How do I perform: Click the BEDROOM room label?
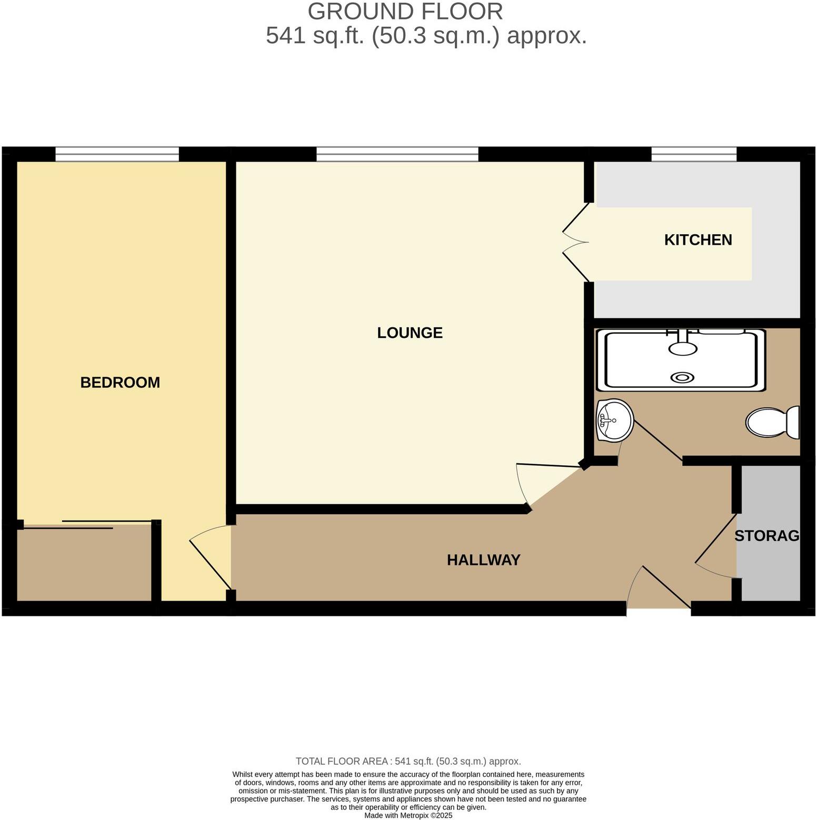[x=120, y=382]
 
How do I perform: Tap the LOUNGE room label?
[x=410, y=333]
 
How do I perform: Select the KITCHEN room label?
[x=698, y=240]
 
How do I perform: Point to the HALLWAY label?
[x=483, y=560]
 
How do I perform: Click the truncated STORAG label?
[x=766, y=536]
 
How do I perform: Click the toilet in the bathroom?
[x=772, y=423]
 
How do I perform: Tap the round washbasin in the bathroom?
[x=614, y=419]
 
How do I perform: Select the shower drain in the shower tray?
[x=682, y=377]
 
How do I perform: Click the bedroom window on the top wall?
[x=117, y=154]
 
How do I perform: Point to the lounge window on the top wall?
[x=397, y=154]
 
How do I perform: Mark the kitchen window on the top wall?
[x=693, y=154]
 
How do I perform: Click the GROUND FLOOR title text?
[x=405, y=12]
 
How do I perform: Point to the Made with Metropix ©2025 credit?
[x=408, y=815]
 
